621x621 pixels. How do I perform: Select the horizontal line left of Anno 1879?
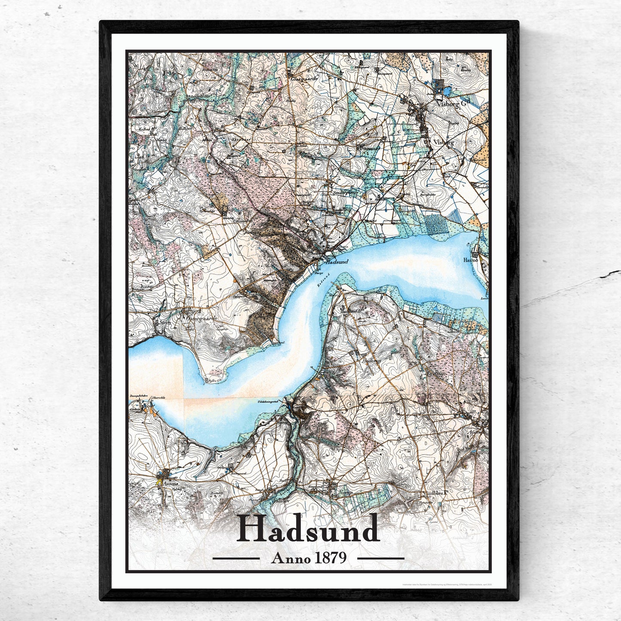(x=236, y=558)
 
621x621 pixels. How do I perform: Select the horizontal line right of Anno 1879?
(x=381, y=558)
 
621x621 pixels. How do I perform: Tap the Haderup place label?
(x=373, y=362)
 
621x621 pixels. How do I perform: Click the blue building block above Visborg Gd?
(x=440, y=85)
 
